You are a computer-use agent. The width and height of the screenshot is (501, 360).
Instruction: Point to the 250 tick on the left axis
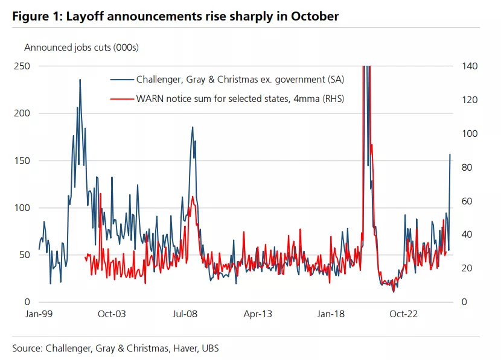coord(22,66)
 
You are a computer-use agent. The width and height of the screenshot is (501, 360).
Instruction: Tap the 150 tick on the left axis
coord(22,160)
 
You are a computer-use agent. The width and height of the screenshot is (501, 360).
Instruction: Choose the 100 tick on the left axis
coord(22,207)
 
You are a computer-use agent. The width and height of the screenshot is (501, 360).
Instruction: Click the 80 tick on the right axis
coord(467,167)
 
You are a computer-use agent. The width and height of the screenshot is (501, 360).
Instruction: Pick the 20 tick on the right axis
coord(467,268)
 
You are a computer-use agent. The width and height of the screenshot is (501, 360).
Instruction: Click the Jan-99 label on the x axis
coord(39,314)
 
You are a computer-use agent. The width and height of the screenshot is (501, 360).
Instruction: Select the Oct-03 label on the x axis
coord(112,314)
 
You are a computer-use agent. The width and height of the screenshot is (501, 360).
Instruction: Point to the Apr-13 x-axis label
coord(258,314)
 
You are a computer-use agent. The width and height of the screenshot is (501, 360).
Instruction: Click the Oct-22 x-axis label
coord(404,314)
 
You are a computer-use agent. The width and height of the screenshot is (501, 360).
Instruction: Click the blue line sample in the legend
coord(121,79)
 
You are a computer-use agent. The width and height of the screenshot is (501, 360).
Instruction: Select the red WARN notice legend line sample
coord(121,99)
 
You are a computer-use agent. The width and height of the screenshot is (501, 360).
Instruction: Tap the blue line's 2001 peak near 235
coord(80,80)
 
